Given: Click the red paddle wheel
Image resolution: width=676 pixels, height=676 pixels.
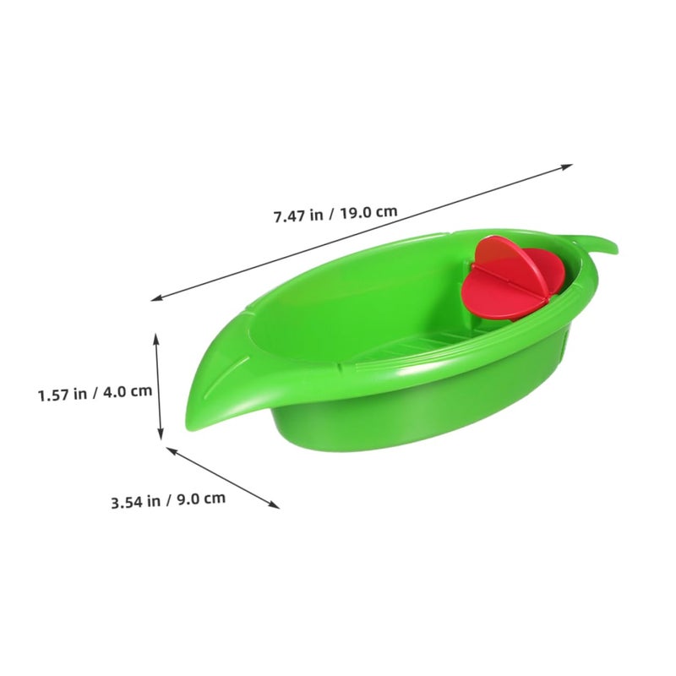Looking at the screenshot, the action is click(x=512, y=279).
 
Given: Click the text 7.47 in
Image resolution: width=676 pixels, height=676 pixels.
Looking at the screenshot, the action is click(x=298, y=215).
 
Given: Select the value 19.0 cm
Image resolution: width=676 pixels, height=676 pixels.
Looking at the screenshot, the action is click(x=368, y=212).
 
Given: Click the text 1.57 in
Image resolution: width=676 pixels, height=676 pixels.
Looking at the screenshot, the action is click(x=63, y=395).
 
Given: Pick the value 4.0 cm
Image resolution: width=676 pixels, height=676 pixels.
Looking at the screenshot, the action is click(x=128, y=391).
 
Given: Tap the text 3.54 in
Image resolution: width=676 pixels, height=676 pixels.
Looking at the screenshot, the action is click(x=136, y=502).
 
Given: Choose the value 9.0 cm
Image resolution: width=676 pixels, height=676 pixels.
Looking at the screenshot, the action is click(x=201, y=499).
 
